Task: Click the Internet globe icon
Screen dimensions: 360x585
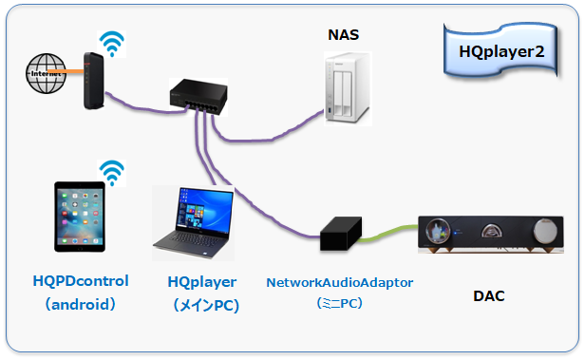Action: tap(47, 74)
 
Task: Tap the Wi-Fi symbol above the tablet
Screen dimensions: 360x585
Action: tap(113, 172)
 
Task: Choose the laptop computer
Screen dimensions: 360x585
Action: tap(194, 222)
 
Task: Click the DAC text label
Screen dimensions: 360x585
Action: tap(489, 296)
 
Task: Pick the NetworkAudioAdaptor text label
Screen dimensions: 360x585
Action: tap(339, 282)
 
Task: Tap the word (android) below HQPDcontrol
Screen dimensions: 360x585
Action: tap(81, 305)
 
